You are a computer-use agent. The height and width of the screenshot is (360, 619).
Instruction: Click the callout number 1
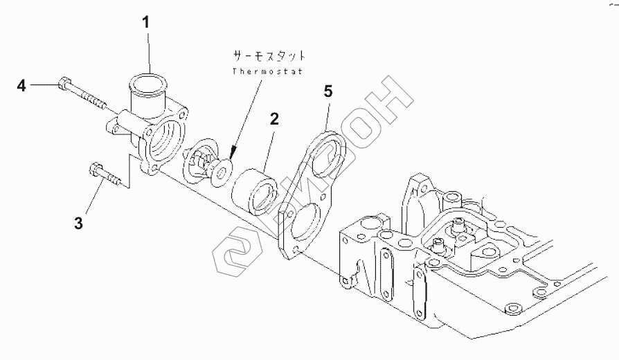[146, 21]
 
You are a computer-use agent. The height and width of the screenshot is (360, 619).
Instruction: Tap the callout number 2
[274, 118]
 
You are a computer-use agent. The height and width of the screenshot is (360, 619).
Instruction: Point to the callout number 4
[21, 86]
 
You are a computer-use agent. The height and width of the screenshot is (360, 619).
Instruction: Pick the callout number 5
[328, 91]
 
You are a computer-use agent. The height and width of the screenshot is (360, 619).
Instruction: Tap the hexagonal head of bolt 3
[94, 168]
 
